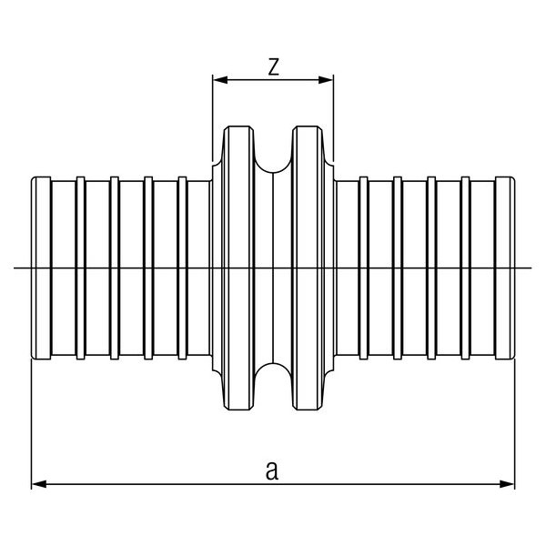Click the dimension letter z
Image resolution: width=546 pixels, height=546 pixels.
click(272, 66)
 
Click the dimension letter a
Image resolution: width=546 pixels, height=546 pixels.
click(272, 470)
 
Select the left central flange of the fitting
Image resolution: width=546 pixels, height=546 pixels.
click(238, 267)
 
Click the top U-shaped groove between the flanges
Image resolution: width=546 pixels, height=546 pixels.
click(273, 155)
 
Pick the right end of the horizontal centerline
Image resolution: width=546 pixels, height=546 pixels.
click(530, 267)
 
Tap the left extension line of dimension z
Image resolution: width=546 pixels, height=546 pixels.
click(213, 118)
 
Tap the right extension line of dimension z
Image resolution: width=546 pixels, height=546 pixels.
click(333, 118)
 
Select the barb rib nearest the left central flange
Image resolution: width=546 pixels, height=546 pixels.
click(182, 267)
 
